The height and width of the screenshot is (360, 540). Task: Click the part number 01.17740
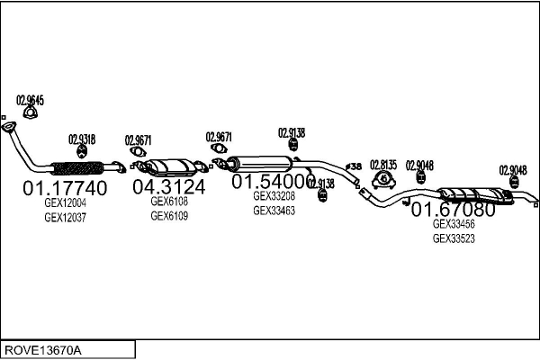click(64, 189)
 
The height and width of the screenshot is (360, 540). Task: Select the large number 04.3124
click(168, 187)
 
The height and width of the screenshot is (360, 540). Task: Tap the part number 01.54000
click(274, 182)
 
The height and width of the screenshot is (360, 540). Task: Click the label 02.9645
click(30, 100)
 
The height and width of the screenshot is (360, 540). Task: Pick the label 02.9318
click(82, 139)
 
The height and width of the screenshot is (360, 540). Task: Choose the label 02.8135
click(382, 164)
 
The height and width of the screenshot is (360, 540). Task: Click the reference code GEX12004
click(65, 204)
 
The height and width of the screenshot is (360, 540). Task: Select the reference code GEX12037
click(65, 218)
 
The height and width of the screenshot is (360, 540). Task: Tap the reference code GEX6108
click(168, 202)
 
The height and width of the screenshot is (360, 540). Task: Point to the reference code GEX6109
click(168, 216)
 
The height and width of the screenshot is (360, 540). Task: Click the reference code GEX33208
click(274, 196)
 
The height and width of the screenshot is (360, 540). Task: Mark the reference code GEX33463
click(274, 210)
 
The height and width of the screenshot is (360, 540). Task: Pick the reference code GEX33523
click(454, 238)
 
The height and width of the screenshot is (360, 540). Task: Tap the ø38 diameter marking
click(354, 166)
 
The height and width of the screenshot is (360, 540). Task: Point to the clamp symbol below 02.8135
click(382, 179)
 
